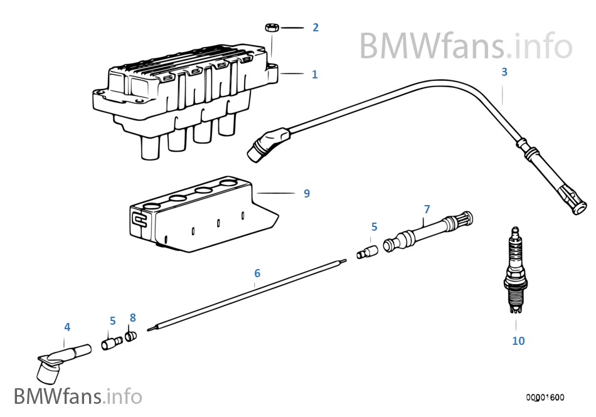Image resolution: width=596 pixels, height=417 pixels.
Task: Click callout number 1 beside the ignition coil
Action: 315,75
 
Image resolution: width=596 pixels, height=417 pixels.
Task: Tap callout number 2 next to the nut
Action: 316,28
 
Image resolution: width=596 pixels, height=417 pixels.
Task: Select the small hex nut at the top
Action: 272,28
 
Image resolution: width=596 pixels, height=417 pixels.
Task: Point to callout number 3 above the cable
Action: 504,72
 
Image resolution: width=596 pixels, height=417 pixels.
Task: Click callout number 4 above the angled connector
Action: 67,327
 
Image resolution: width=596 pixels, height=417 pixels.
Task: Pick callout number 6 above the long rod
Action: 257,273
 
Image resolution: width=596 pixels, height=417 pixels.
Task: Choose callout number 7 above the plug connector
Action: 427,209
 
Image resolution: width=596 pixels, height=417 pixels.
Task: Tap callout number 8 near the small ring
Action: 132,318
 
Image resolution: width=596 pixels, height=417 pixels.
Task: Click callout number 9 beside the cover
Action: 307,193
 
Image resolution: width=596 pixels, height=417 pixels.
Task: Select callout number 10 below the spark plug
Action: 518,341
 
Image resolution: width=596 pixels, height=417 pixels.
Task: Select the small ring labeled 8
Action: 130,337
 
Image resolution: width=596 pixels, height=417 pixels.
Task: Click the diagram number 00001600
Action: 545,397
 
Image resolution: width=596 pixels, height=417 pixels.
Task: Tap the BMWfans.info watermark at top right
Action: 466,45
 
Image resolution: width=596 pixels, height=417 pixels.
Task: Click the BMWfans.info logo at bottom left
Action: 78,396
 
